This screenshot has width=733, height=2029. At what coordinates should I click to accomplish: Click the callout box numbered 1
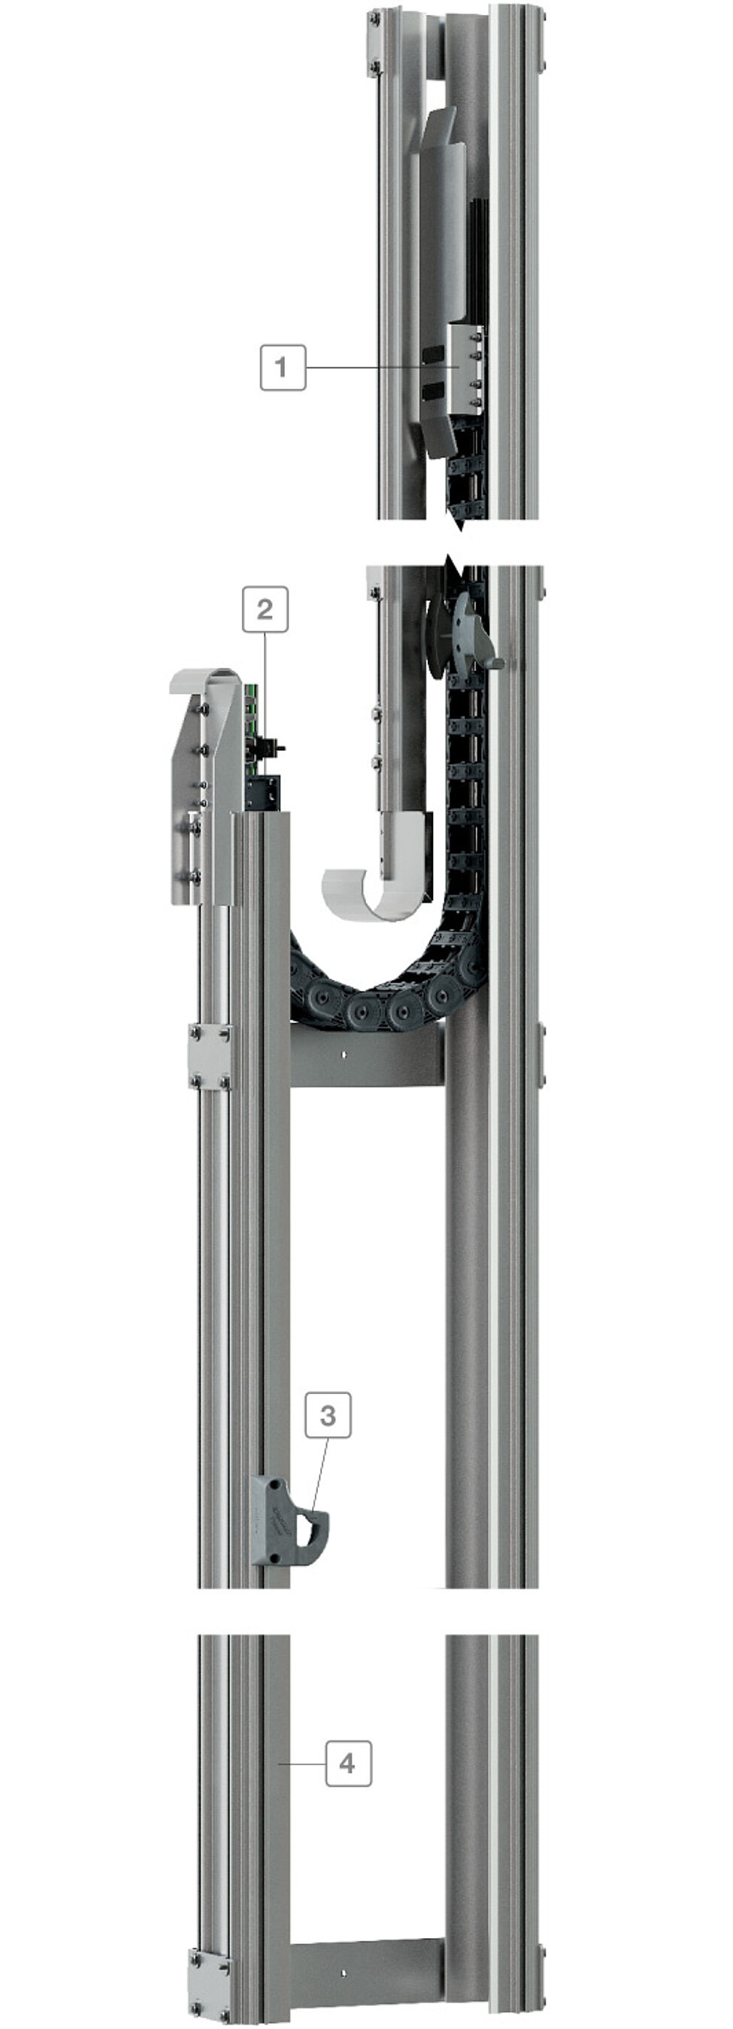283,367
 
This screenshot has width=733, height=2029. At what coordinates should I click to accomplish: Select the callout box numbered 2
265,609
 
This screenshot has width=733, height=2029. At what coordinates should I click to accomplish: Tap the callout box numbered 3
328,1416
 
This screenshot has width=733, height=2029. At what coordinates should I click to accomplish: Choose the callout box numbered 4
348,1763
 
